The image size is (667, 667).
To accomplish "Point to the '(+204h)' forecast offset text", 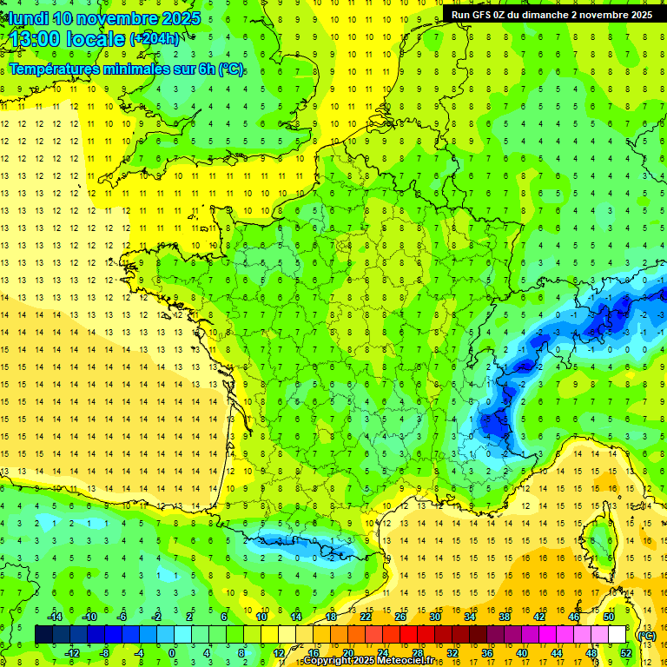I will [155, 39].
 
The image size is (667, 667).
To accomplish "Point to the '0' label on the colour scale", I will [171, 653].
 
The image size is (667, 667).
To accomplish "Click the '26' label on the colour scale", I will [400, 616].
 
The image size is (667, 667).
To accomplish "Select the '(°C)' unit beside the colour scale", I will [647, 635].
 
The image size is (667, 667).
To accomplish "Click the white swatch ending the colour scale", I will [617, 635].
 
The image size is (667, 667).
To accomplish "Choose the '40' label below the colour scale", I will [522, 653].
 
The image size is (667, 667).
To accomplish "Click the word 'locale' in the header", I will [96, 39].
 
